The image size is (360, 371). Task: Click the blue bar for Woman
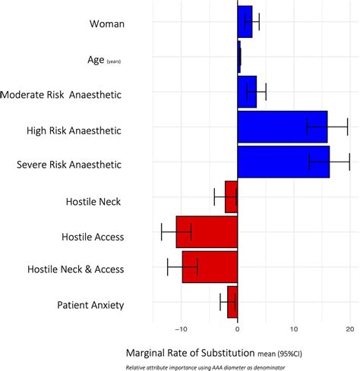coord(245,22)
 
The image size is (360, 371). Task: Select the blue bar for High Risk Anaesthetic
coord(282,127)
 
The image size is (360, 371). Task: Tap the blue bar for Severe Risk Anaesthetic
coord(283,162)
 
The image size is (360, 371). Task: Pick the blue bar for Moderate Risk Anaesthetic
coord(247,92)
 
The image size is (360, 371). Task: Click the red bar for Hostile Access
coord(207,231)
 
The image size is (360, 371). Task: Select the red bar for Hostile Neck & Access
coord(210,266)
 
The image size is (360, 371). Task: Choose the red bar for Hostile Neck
coord(231,197)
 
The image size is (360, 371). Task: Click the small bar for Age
coord(238,57)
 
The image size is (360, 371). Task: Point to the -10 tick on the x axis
coord(181,329)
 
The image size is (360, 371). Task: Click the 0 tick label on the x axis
coord(238,329)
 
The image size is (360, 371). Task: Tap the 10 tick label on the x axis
coord(294,329)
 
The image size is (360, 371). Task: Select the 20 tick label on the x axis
coord(349,329)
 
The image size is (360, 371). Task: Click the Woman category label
coord(106,24)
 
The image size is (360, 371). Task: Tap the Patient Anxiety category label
coord(90,305)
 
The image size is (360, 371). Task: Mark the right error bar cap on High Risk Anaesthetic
coord(347,127)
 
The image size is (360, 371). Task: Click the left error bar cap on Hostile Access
coord(162,231)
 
